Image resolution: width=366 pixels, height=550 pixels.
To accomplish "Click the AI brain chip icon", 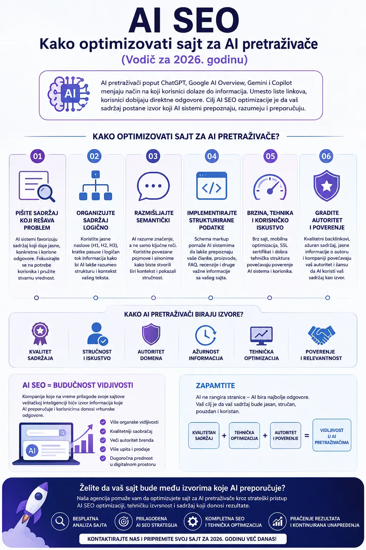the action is coord(69,94).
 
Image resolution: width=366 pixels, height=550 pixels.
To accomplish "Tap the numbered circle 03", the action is coord(153,156).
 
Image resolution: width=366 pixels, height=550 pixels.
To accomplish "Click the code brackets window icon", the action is coord(212,185).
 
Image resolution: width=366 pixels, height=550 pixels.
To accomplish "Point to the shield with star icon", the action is coord(327,185).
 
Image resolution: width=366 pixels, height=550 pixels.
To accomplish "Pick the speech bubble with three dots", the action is coord(153,186).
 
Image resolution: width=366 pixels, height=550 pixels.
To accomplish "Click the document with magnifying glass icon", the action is coord(37,186).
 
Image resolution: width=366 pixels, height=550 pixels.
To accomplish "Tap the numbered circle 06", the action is coord(326,156).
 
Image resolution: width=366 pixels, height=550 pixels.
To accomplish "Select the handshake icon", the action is coord(321,335).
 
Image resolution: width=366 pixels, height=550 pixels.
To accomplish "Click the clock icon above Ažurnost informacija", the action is coord(206,335).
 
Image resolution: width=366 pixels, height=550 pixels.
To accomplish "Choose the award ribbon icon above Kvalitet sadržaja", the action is coord(40,334).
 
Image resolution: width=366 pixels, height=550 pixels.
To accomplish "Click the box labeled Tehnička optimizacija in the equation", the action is coord(244,435).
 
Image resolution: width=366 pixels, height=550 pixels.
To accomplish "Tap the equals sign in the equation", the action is coord(307,435).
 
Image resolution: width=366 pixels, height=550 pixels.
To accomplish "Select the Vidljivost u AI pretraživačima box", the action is coord(332,435).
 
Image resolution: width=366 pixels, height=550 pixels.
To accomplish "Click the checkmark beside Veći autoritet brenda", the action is coord(103,440).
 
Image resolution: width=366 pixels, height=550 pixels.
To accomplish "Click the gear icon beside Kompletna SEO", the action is coord(193,522).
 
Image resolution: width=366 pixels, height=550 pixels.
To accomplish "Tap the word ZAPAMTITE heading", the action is coord(215,386).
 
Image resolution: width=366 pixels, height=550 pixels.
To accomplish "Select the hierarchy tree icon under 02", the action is coord(95,185).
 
